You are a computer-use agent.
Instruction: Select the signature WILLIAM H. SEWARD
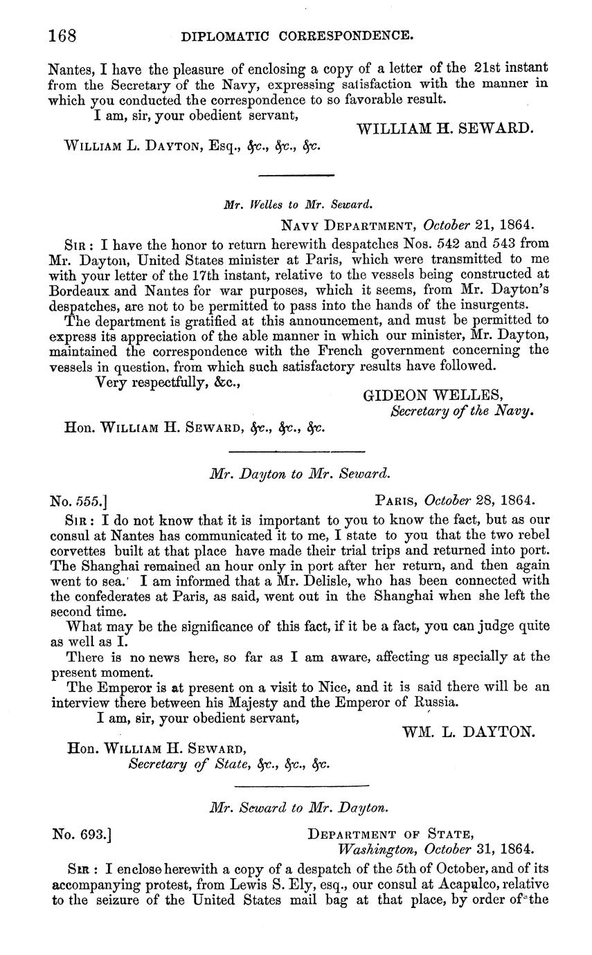445,129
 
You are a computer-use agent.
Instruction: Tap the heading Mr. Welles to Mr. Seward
298,204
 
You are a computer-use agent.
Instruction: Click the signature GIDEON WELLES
433,395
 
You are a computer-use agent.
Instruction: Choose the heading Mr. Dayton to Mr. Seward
300,474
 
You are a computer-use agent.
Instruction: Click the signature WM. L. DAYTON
468,731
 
